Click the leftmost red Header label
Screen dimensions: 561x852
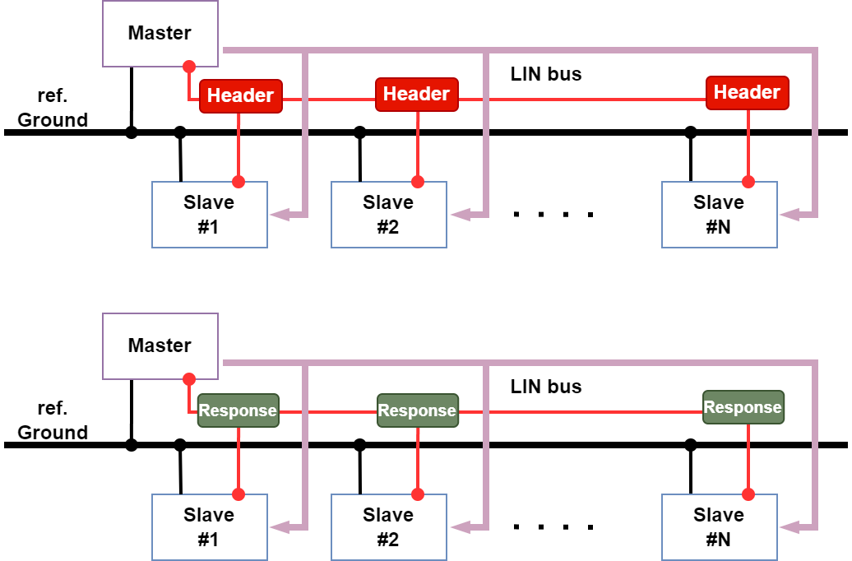240,96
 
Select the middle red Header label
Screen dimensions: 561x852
417,95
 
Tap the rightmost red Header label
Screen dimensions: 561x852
747,93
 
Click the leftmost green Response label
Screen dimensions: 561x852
238,410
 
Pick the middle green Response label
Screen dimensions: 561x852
417,410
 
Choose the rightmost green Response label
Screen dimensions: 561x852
743,407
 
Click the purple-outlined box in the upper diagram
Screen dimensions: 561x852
160,34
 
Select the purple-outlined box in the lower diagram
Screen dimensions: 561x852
160,346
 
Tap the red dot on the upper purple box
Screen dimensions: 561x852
189,67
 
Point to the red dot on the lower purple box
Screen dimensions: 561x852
189,379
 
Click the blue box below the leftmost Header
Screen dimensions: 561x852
210,215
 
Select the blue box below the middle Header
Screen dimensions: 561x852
389,215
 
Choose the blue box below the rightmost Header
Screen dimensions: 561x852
720,215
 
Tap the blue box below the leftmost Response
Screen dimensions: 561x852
210,527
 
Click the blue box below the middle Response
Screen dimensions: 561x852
389,527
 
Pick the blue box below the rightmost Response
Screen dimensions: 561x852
720,527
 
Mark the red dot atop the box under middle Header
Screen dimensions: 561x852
418,182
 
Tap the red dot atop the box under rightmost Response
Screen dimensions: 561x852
748,494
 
